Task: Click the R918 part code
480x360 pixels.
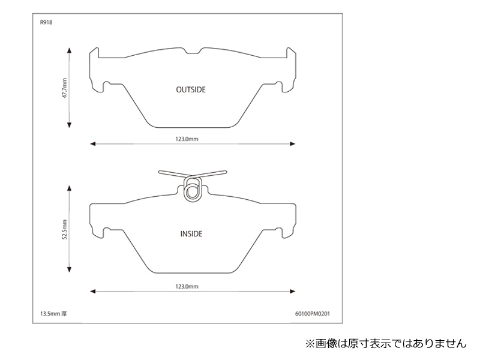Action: pos(46,22)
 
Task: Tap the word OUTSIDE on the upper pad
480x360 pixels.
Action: pos(191,89)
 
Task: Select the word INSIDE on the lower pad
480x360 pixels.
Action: pos(191,234)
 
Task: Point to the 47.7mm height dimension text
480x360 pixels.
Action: pos(65,88)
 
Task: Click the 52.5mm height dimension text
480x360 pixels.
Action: pos(65,230)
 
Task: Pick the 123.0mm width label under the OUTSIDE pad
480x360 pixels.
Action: pos(187,139)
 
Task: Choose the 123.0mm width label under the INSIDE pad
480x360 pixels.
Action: pos(187,287)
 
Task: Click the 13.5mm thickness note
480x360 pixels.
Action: pos(53,314)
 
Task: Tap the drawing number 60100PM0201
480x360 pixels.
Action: pos(313,314)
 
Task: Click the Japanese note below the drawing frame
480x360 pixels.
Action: pos(386,343)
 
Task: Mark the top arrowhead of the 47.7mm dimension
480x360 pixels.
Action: pos(69,50)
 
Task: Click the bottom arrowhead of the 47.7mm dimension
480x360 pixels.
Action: pos(69,125)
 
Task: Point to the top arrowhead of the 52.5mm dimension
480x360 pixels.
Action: pos(69,188)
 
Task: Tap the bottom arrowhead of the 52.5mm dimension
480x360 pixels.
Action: pos(69,269)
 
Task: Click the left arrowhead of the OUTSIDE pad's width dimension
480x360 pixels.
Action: pos(93,143)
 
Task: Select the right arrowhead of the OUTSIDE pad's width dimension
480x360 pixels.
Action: pos(293,143)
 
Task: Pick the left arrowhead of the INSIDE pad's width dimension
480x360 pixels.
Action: pos(93,291)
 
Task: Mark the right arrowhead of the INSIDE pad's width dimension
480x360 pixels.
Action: pos(293,291)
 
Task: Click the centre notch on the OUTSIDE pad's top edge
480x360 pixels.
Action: pos(193,52)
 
